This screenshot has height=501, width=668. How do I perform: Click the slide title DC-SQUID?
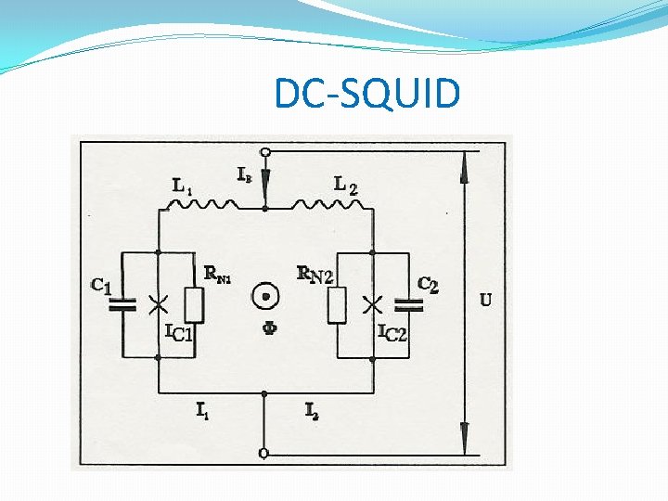(x=366, y=93)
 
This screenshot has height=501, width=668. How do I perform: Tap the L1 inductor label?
(x=183, y=186)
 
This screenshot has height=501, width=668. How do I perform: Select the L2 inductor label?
(x=345, y=186)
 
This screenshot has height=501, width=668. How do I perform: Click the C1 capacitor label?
(x=101, y=287)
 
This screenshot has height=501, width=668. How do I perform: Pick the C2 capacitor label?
(x=428, y=285)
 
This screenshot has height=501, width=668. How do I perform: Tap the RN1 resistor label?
(x=219, y=275)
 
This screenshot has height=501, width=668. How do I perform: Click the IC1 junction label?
(x=178, y=332)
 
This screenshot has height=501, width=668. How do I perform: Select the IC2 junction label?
(x=392, y=332)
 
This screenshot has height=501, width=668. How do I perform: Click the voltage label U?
(x=486, y=300)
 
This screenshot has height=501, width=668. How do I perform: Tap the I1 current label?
(x=201, y=409)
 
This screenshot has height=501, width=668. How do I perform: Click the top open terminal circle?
(x=265, y=152)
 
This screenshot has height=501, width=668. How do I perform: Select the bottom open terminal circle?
(x=265, y=453)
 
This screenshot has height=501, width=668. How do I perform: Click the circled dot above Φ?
(x=266, y=298)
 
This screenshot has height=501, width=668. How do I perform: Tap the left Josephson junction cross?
(x=159, y=302)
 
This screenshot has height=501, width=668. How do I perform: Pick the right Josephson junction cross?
(x=373, y=302)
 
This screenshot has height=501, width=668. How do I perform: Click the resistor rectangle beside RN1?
(x=194, y=304)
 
